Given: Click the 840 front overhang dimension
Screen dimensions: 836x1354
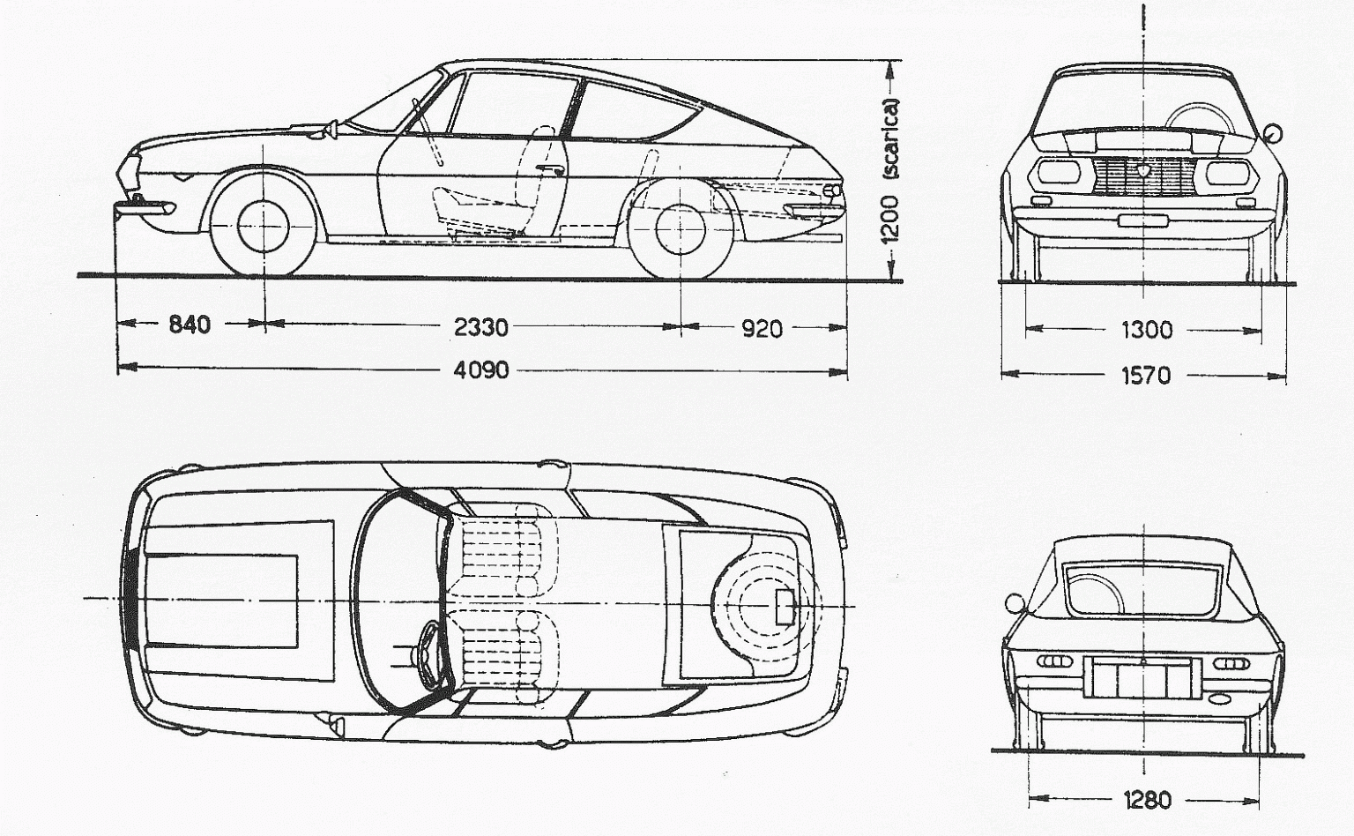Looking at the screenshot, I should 190,325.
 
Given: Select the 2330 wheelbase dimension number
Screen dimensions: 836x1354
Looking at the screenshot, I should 480,327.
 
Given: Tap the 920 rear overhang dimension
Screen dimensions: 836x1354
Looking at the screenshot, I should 762,329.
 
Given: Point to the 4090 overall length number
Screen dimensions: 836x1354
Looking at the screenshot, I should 480,369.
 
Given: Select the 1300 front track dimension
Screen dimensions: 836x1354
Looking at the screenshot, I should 1146,330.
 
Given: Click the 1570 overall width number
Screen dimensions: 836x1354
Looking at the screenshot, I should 1146,376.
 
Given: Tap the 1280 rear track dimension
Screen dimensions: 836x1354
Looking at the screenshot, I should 1147,800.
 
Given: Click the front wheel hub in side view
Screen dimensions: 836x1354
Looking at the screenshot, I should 264,224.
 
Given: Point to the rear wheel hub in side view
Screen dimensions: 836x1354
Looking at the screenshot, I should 681,227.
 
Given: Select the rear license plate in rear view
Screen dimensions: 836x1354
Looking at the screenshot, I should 1144,676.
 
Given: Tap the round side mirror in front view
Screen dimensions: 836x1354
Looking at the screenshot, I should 1272,133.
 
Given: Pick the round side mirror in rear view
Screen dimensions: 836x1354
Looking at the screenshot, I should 1015,604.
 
